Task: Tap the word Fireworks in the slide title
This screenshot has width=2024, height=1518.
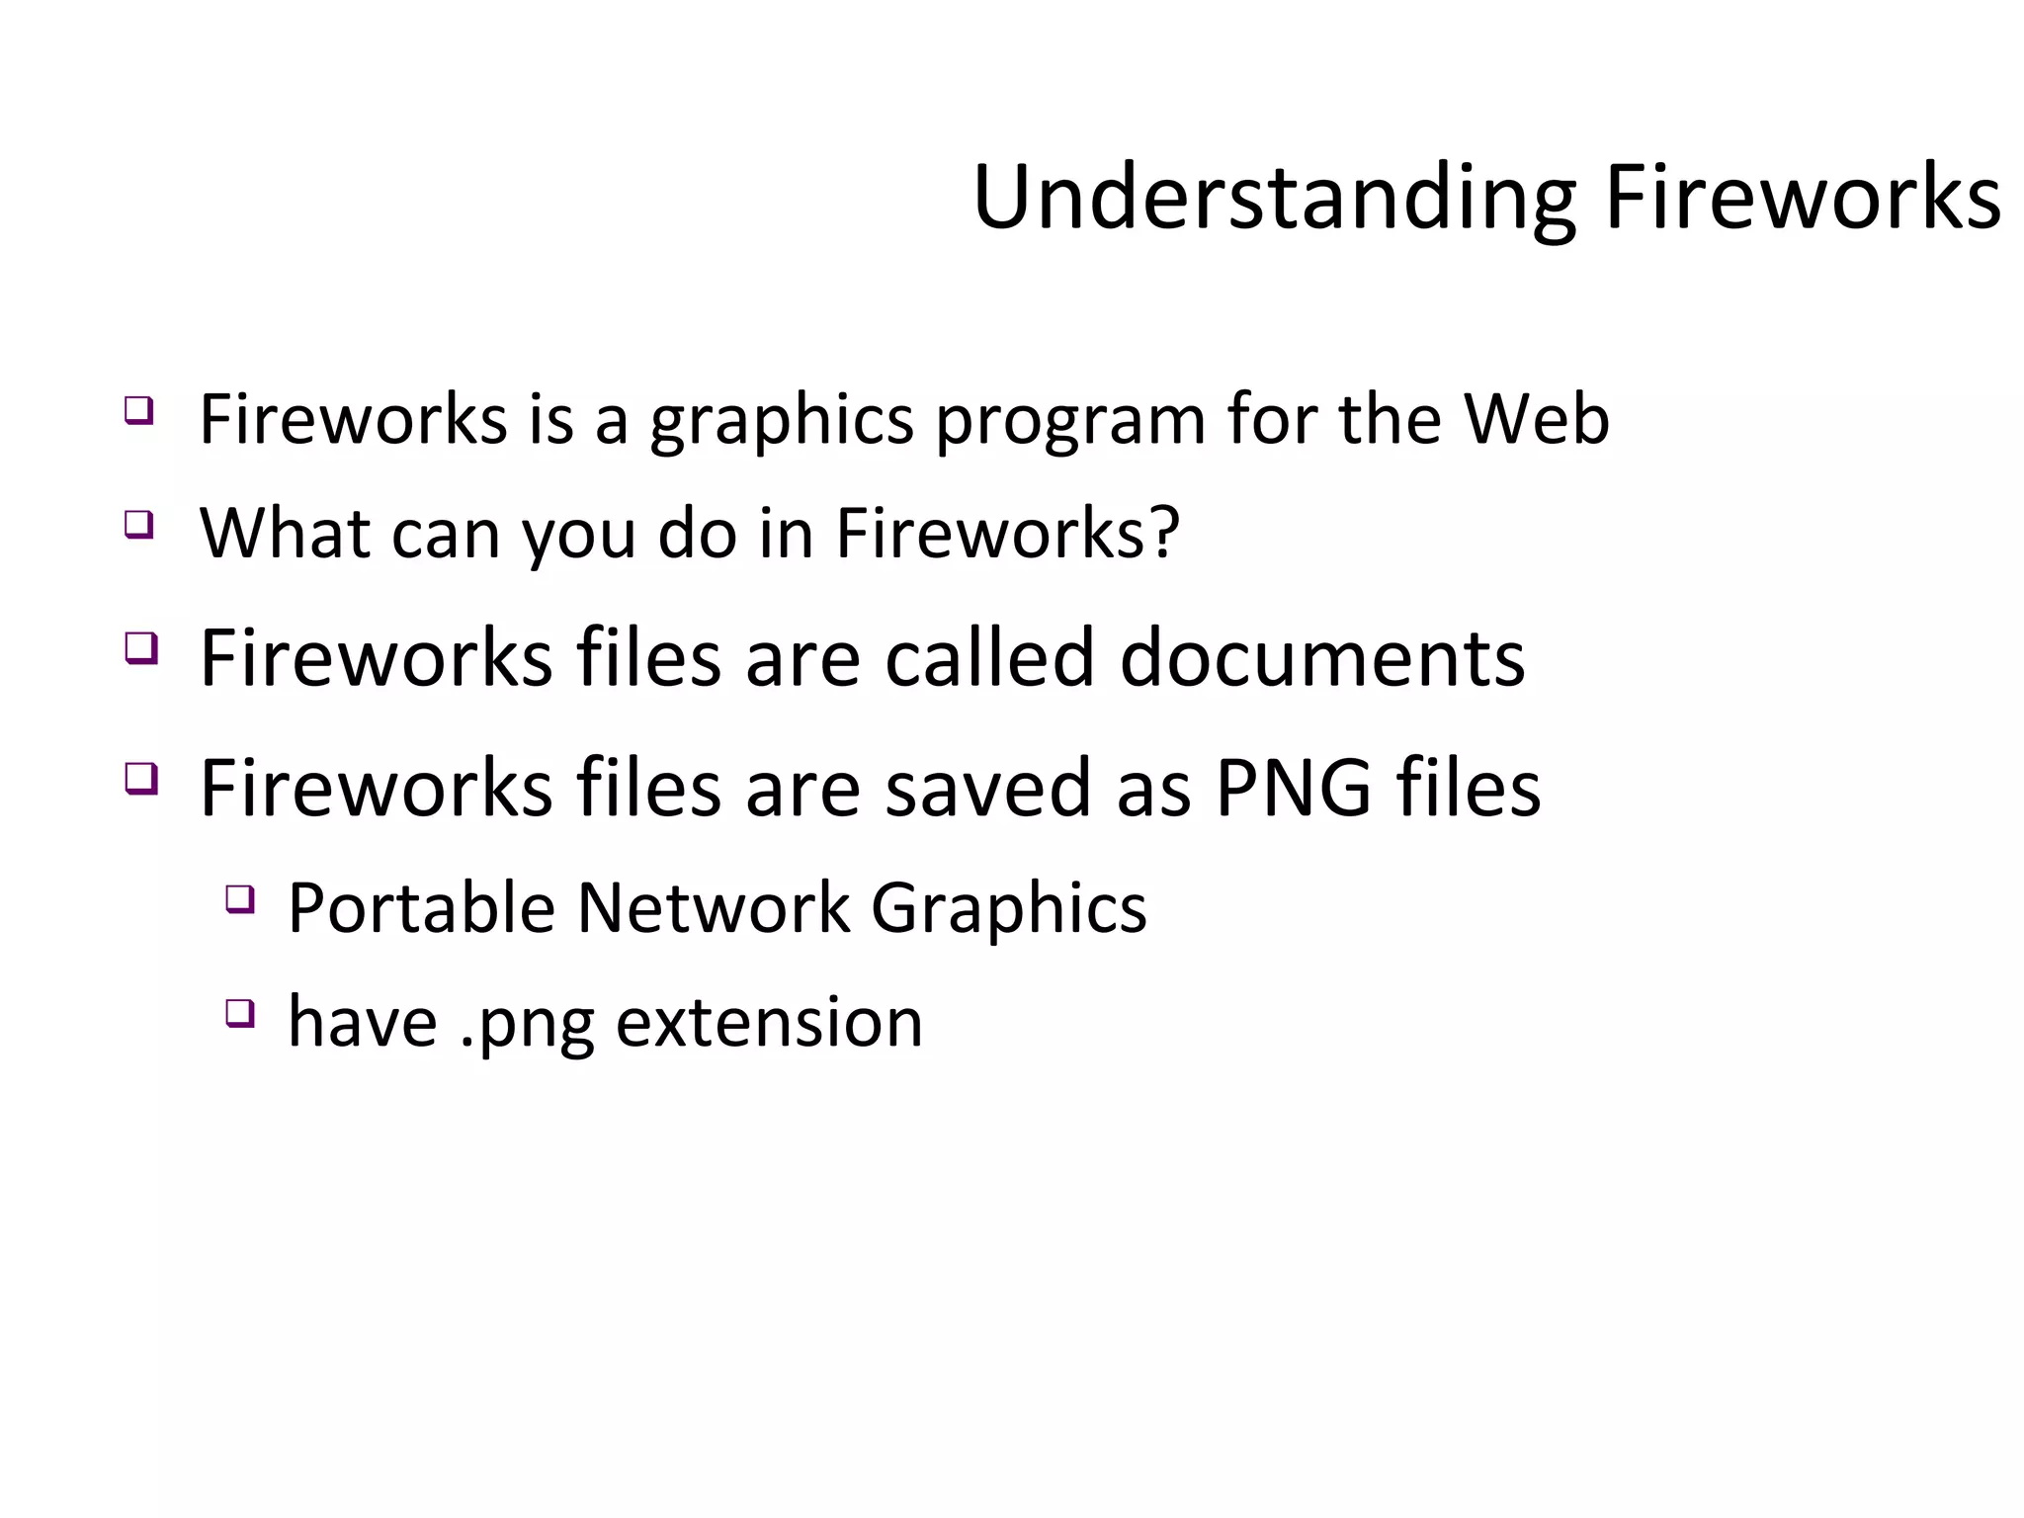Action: point(1803,198)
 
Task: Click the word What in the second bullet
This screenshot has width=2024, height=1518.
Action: point(285,533)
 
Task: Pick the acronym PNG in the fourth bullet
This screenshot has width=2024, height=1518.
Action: point(1293,788)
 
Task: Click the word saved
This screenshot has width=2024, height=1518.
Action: point(987,788)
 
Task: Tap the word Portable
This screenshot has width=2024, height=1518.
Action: point(421,907)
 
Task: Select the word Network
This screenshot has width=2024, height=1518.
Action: point(713,907)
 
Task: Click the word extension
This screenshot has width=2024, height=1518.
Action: point(769,1022)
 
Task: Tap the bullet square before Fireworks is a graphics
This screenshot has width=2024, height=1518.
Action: point(139,410)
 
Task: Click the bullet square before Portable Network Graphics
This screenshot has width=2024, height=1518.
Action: point(239,899)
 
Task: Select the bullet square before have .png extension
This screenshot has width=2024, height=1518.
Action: point(239,1013)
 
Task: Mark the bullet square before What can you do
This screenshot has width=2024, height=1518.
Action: point(139,524)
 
